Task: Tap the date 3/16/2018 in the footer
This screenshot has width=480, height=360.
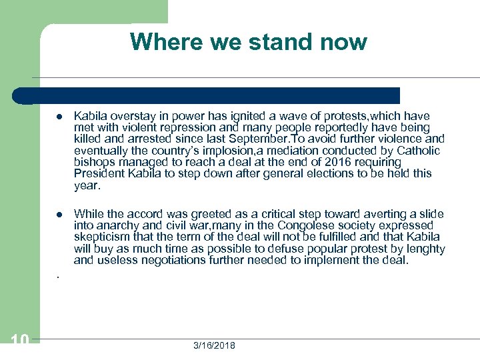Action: click(214, 345)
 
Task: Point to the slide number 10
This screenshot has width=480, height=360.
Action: click(20, 341)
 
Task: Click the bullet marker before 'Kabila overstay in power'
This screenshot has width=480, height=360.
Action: click(59, 117)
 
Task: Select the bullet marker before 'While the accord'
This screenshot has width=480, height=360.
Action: click(59, 215)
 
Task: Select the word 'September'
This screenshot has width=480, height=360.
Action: click(257, 139)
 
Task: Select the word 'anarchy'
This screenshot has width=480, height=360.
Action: click(115, 225)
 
